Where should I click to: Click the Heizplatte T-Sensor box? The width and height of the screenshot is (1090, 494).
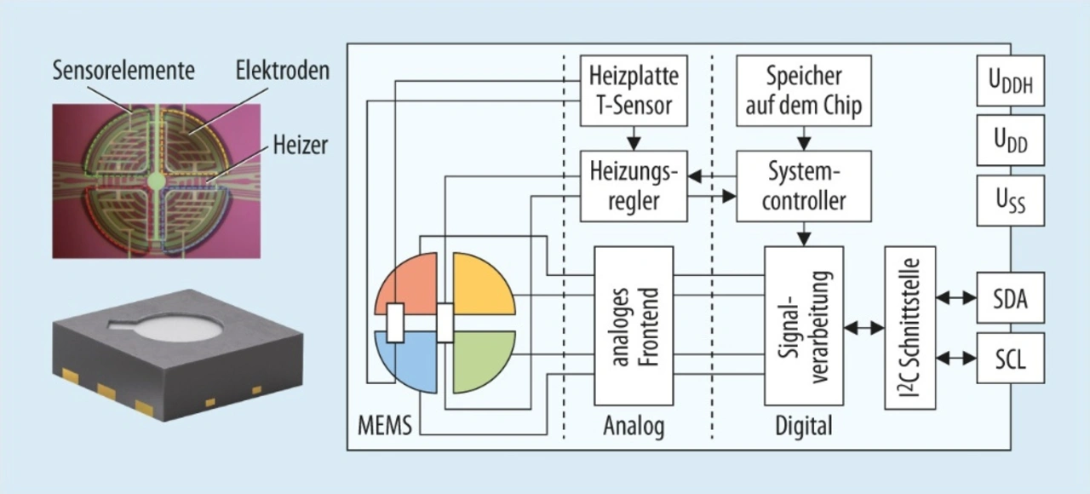(633, 90)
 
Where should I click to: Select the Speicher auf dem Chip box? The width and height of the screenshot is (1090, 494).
(804, 90)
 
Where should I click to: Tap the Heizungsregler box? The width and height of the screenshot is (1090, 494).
(633, 187)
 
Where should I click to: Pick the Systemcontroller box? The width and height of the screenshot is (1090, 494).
(804, 187)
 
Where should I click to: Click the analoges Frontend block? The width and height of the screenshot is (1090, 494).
(634, 325)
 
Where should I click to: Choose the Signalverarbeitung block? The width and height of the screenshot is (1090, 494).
(804, 325)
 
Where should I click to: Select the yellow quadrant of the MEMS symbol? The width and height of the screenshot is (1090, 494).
(479, 285)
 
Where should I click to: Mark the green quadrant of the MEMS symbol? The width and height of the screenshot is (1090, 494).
(479, 363)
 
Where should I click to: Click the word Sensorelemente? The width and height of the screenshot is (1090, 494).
(122, 68)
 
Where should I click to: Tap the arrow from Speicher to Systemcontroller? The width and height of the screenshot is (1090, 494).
(804, 137)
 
